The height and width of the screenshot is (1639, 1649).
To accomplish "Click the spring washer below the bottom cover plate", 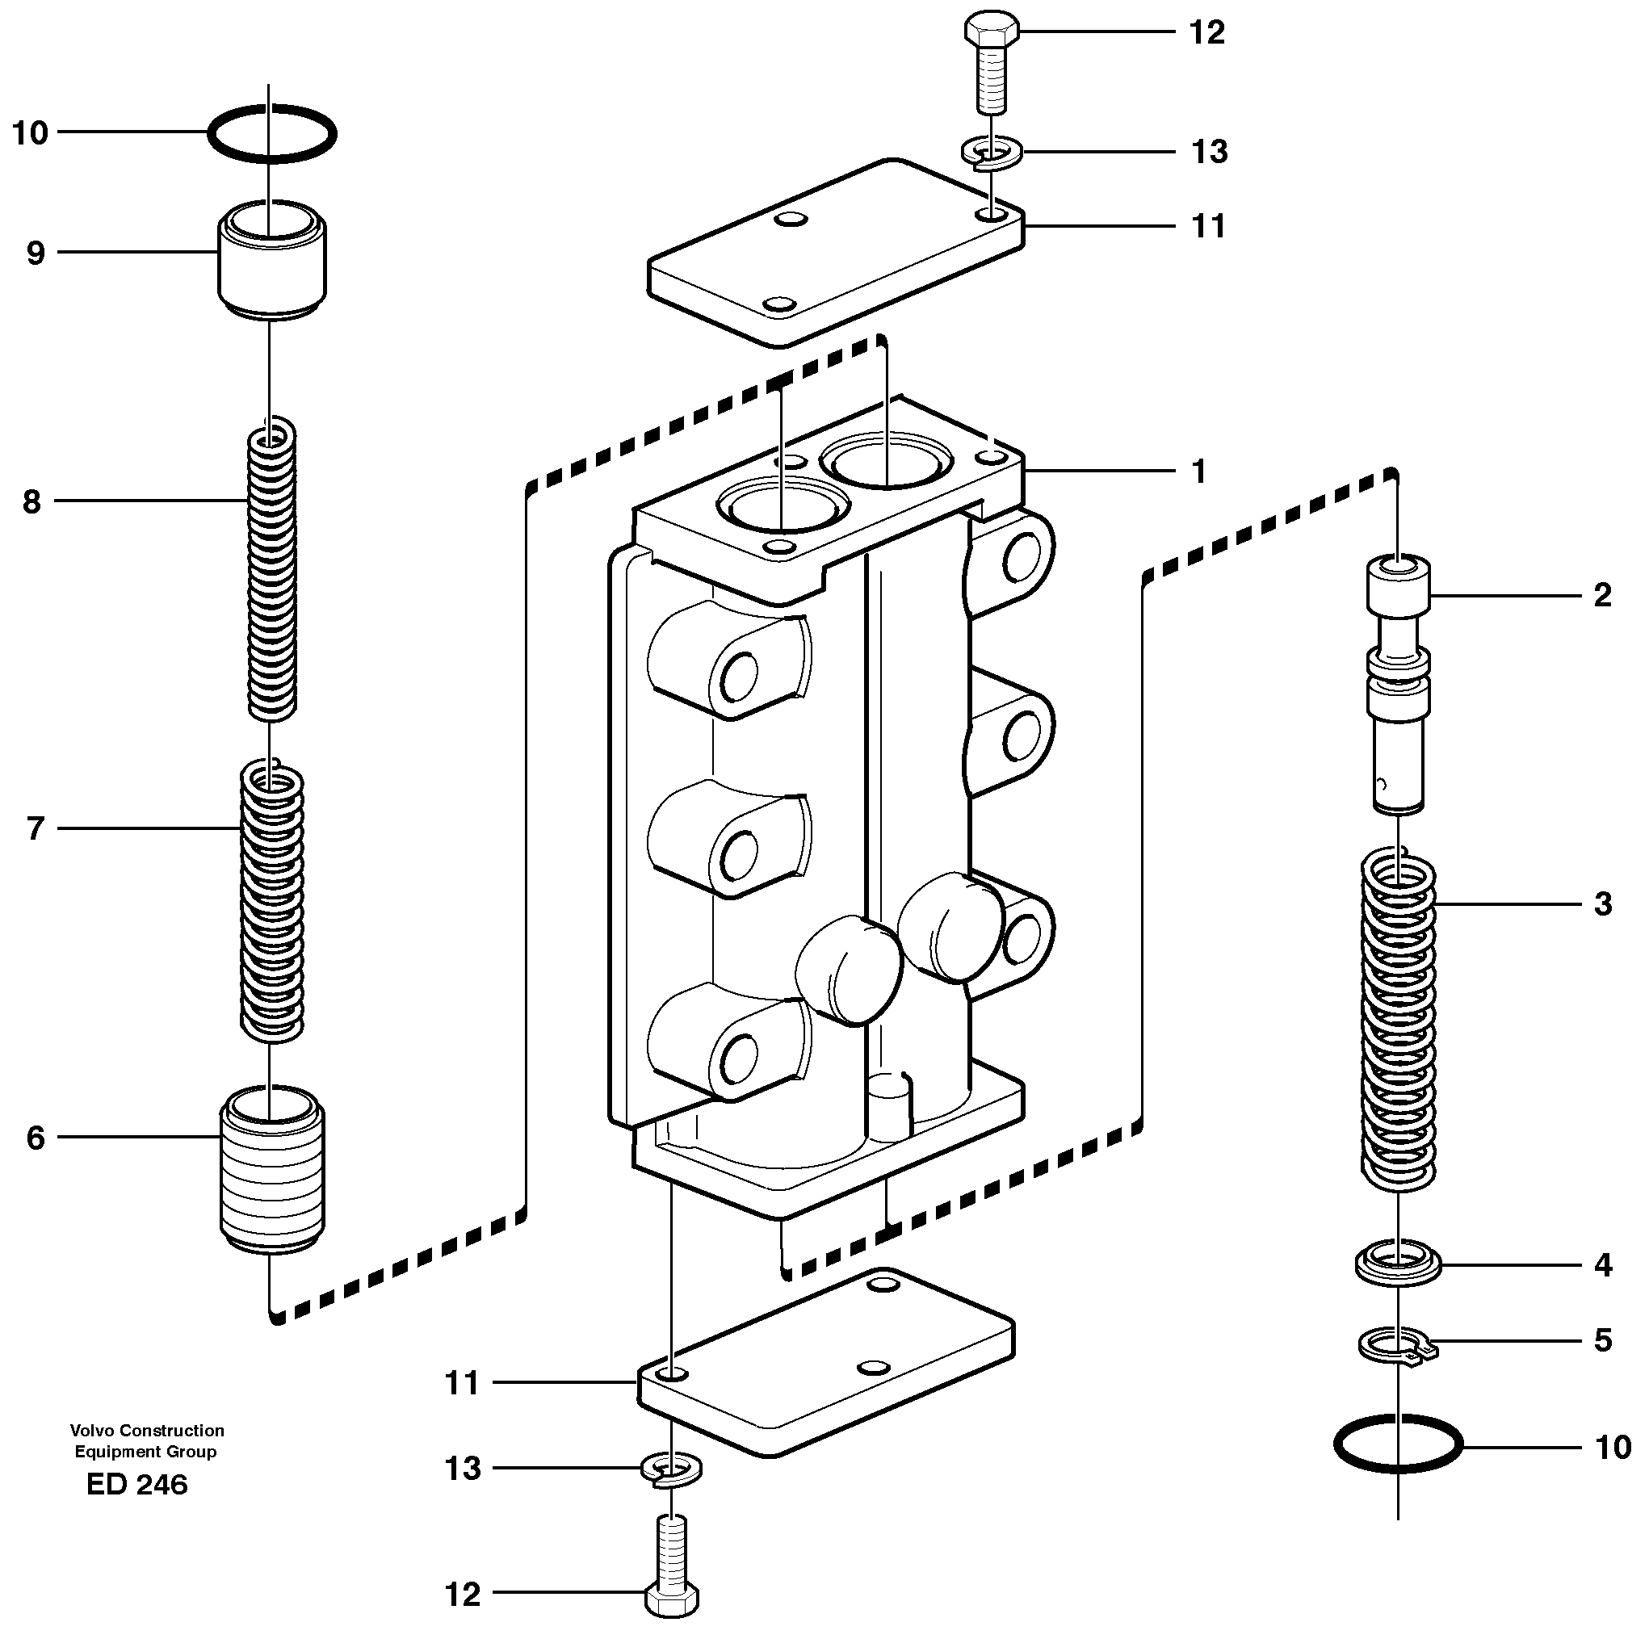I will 672,1471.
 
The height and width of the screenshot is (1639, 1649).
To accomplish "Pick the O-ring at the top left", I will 272,134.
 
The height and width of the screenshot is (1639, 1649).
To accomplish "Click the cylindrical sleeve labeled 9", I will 272,260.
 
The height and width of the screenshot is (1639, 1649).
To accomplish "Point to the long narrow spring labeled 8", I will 272,569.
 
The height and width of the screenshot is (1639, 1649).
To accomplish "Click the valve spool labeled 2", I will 1398,682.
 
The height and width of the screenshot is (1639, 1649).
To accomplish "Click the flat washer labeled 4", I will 1398,1264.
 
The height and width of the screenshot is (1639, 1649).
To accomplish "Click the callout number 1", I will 1198,471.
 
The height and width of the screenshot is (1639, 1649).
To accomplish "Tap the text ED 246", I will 136,1486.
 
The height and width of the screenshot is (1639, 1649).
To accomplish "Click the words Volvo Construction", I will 147,1431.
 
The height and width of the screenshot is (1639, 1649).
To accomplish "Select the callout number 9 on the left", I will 35,253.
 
